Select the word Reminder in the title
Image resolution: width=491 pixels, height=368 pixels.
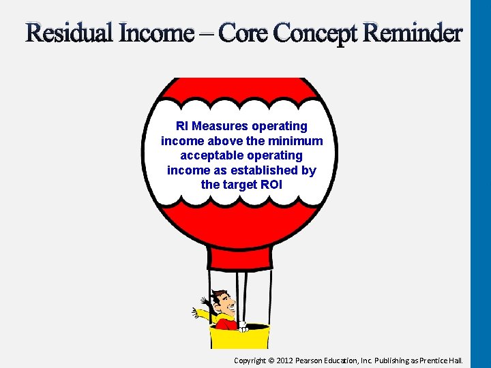[x=413, y=33]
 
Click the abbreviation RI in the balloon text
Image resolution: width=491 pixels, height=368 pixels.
[x=182, y=126]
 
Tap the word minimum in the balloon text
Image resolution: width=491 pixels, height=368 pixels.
[x=296, y=141]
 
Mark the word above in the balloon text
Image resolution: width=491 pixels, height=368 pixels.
[x=227, y=141]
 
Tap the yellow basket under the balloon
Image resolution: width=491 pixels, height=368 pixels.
[x=240, y=337]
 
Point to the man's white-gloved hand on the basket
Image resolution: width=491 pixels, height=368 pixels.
[x=243, y=326]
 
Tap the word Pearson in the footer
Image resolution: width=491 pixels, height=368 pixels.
[x=319, y=360]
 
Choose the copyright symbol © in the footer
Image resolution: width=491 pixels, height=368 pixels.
[x=271, y=360]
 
